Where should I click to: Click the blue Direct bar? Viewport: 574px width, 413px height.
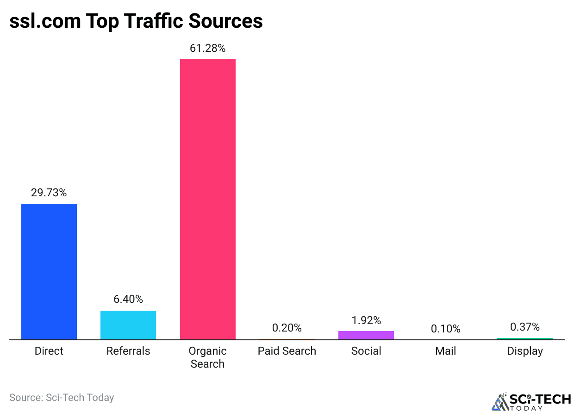(49, 272)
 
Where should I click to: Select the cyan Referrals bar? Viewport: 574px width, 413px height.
(128, 325)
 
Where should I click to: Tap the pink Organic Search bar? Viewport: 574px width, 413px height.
(208, 199)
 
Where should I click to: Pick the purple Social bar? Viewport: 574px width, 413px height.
(366, 335)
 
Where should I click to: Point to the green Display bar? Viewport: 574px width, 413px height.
(525, 339)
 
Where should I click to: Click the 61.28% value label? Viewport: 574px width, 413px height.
(208, 48)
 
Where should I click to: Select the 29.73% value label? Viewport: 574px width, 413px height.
(49, 193)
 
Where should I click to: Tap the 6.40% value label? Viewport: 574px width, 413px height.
(128, 299)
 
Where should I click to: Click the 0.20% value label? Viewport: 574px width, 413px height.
(287, 328)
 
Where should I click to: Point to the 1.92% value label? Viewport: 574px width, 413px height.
(366, 320)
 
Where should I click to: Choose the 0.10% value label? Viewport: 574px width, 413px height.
(445, 329)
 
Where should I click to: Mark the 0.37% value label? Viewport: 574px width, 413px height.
(525, 327)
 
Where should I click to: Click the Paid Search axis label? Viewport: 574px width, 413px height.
(287, 351)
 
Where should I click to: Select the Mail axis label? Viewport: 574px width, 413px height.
(445, 351)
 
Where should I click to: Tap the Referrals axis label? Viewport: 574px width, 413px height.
(128, 351)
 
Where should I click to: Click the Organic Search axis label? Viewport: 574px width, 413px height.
(208, 357)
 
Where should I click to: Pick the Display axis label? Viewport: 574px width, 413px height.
(525, 351)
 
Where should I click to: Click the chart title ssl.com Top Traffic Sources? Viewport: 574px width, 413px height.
(136, 21)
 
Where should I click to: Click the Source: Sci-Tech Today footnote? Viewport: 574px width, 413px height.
(62, 397)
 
